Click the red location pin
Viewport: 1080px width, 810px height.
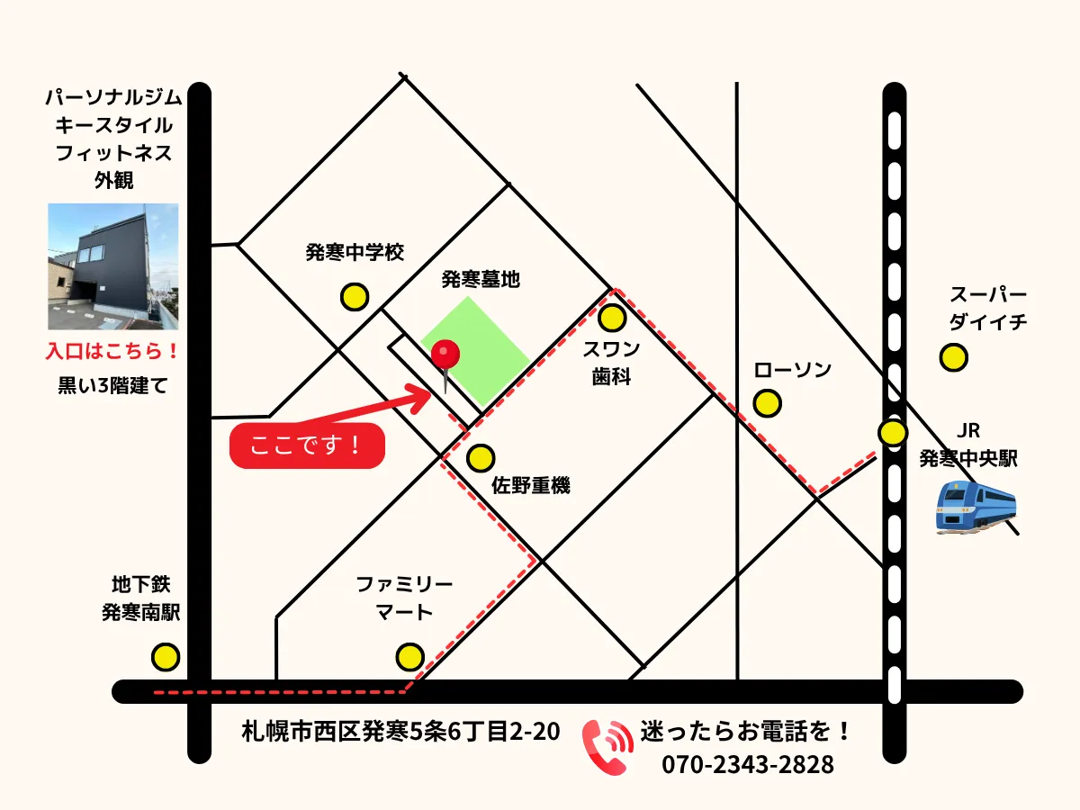[x=445, y=355]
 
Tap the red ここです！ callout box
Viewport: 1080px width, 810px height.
[x=307, y=445]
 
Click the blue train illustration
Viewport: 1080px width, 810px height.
[x=976, y=508]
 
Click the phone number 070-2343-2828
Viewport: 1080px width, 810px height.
[x=748, y=765]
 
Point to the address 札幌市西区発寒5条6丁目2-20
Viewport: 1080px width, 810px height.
[x=401, y=732]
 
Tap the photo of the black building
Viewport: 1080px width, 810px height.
[x=113, y=266]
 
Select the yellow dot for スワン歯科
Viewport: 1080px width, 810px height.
[x=612, y=318]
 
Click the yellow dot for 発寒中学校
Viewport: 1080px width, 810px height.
[x=354, y=296]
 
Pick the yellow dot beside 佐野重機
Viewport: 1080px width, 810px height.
[x=480, y=458]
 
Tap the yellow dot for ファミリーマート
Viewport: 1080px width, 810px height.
[x=409, y=657]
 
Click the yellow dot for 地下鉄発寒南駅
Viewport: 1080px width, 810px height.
[x=165, y=657]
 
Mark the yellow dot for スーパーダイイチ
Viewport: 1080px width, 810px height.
[x=953, y=357]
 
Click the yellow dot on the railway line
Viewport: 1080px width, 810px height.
[x=893, y=433]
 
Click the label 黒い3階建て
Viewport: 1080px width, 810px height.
[x=112, y=386]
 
